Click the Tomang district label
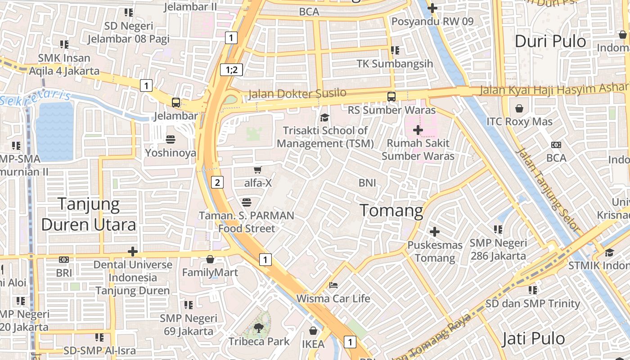pos(391,211)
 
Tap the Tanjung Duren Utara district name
pos(89,215)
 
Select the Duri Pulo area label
pos(550,41)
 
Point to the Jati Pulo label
pos(533,338)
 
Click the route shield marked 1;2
pos(231,70)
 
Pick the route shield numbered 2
pos(217,182)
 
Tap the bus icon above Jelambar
pos(176,102)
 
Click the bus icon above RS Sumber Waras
pos(391,96)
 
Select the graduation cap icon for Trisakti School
pos(324,118)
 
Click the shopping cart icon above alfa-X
pos(257,170)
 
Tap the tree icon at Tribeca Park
pos(258,328)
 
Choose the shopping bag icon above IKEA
pos(313,331)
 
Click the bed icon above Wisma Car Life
pos(333,285)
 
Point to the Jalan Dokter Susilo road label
pos(297,94)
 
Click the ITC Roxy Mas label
pos(519,121)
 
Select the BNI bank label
pos(367,183)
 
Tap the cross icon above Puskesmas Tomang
pos(435,232)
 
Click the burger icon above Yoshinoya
pos(171,139)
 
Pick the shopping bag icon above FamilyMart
pos(210,259)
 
